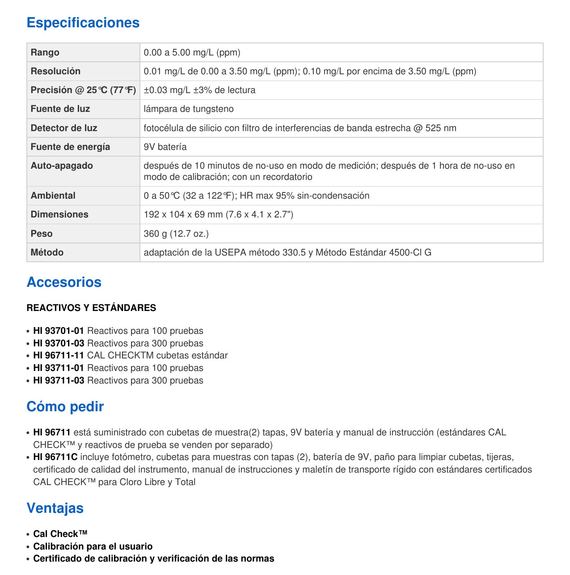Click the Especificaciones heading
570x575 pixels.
pos(83,23)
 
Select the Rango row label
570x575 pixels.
pos(45,52)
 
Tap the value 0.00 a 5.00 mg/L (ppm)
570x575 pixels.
pos(192,52)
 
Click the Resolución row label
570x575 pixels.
pos(55,71)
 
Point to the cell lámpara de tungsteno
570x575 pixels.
pos(188,109)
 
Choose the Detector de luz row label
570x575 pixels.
pos(64,128)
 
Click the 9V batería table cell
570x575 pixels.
pos(165,147)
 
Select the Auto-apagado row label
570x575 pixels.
pos(62,166)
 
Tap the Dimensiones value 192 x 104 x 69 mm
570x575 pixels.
pos(218,214)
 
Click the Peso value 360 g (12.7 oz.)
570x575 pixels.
pos(176,234)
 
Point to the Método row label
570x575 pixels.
pos(47,252)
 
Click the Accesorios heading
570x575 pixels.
pos(64,282)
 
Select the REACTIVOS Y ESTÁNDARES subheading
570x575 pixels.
pos(91,308)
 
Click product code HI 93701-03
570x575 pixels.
pos(59,343)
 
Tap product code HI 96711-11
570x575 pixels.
pos(59,355)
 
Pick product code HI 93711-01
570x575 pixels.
pos(59,368)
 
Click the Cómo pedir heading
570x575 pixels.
pos(65,407)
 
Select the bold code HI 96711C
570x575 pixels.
pos(55,457)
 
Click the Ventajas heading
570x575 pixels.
pos(55,508)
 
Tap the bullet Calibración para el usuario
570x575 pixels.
pos(93,546)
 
